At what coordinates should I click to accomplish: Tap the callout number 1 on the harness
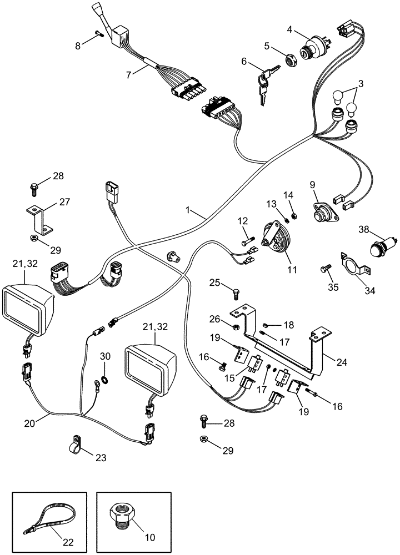189,211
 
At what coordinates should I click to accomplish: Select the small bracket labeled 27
38,220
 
